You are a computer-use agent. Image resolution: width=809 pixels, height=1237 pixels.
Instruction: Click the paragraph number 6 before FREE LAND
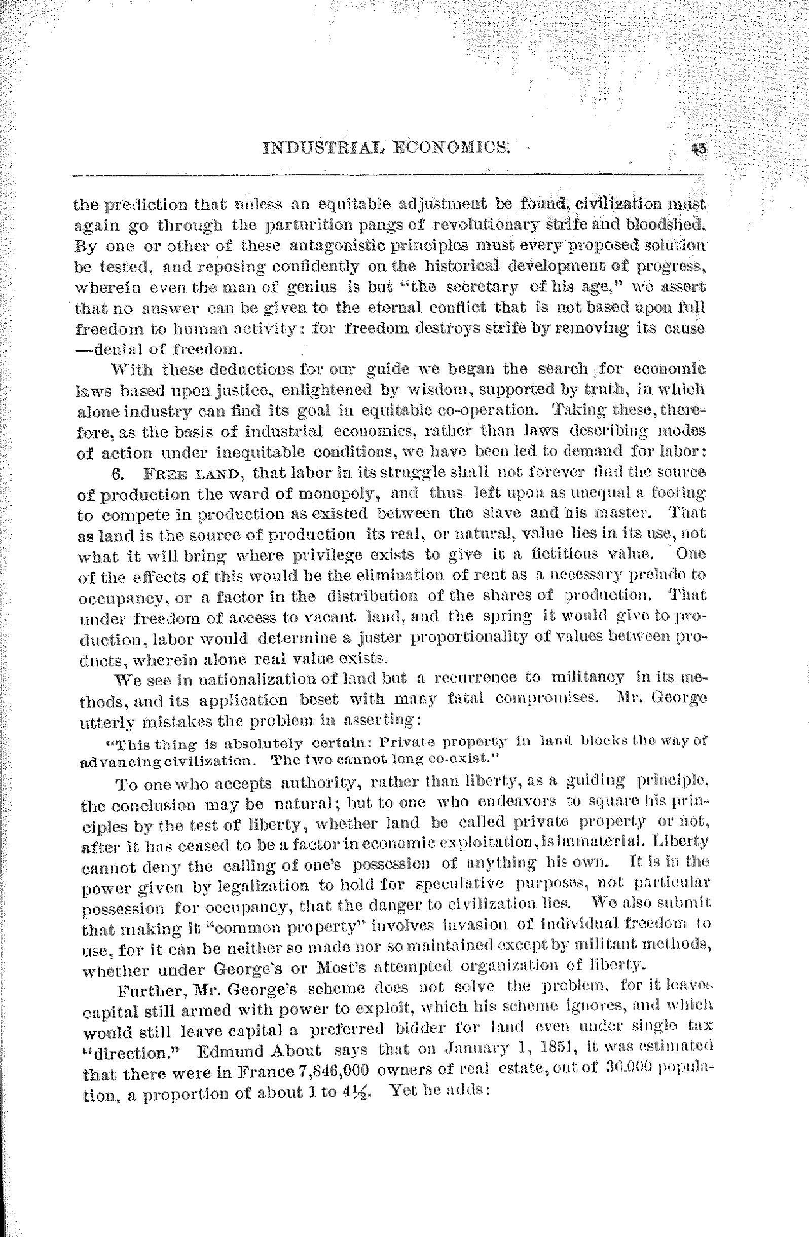[117, 473]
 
